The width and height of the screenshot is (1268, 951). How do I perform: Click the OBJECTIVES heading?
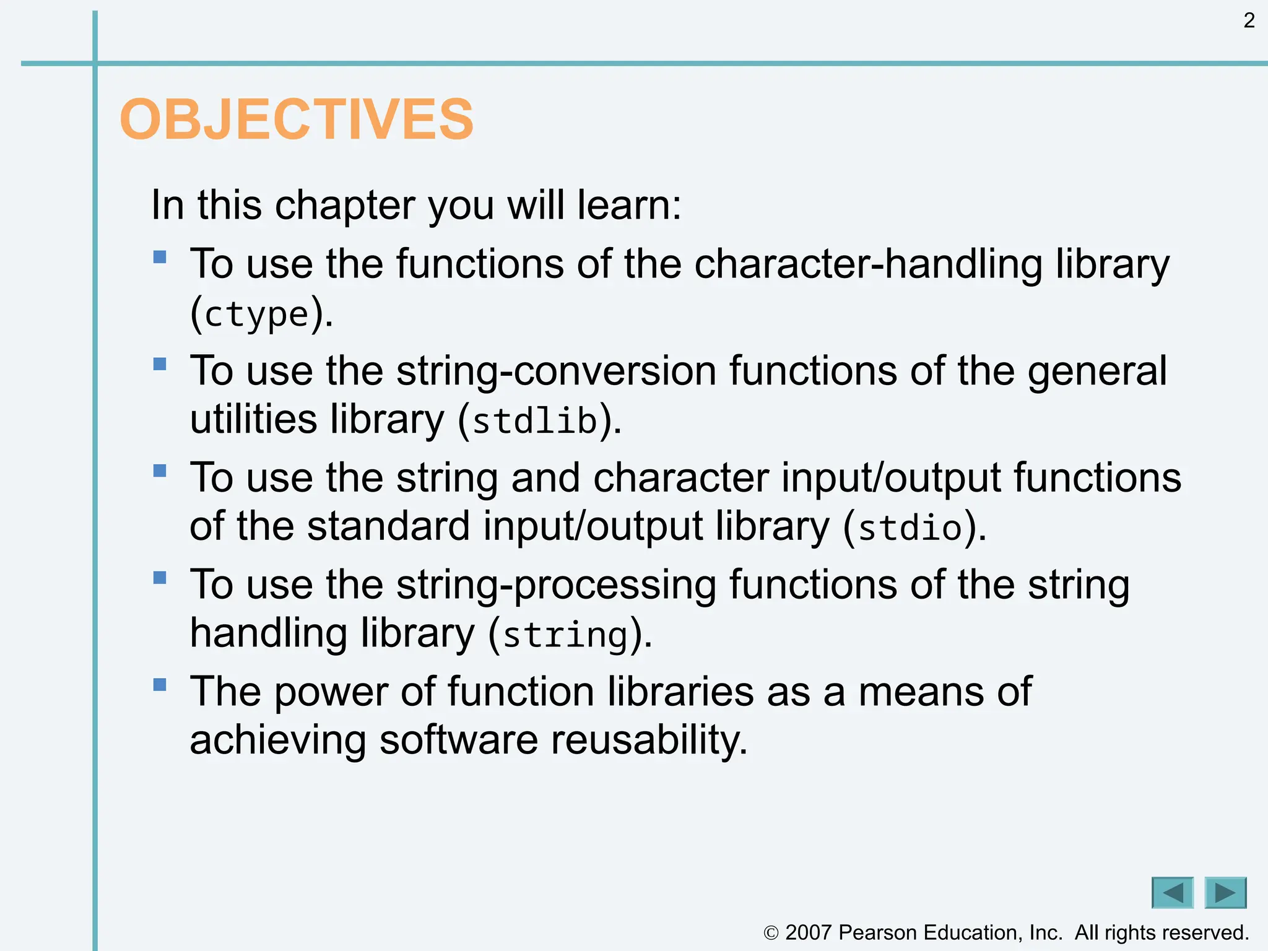tap(297, 119)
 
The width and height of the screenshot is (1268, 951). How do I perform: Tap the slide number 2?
tap(1249, 21)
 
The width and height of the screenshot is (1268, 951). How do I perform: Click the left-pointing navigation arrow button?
tap(1172, 893)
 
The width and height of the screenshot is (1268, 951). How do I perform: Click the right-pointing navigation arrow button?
tap(1225, 893)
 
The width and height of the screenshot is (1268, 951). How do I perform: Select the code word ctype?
tap(256, 315)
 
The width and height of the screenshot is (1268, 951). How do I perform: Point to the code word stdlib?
tap(535, 422)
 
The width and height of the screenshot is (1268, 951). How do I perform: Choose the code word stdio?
tap(910, 528)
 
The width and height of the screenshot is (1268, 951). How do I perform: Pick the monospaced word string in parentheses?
tap(565, 635)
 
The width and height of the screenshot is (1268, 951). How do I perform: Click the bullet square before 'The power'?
tap(160, 684)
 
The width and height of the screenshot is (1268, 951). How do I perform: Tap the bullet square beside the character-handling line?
tap(160, 256)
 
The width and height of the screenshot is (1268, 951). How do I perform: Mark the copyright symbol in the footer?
tap(771, 933)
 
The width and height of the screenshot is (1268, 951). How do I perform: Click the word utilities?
tap(253, 420)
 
